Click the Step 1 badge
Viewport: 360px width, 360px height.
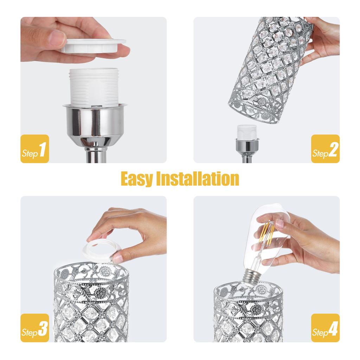35,149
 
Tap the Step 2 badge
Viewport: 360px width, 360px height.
325,149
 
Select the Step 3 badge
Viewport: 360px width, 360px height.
35,328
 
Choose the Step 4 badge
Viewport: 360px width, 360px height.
325,328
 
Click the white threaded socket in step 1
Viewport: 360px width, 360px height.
93,87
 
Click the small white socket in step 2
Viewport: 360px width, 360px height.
247,131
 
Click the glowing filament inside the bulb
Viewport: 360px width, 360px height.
266,236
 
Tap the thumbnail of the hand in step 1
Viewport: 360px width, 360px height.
57,38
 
